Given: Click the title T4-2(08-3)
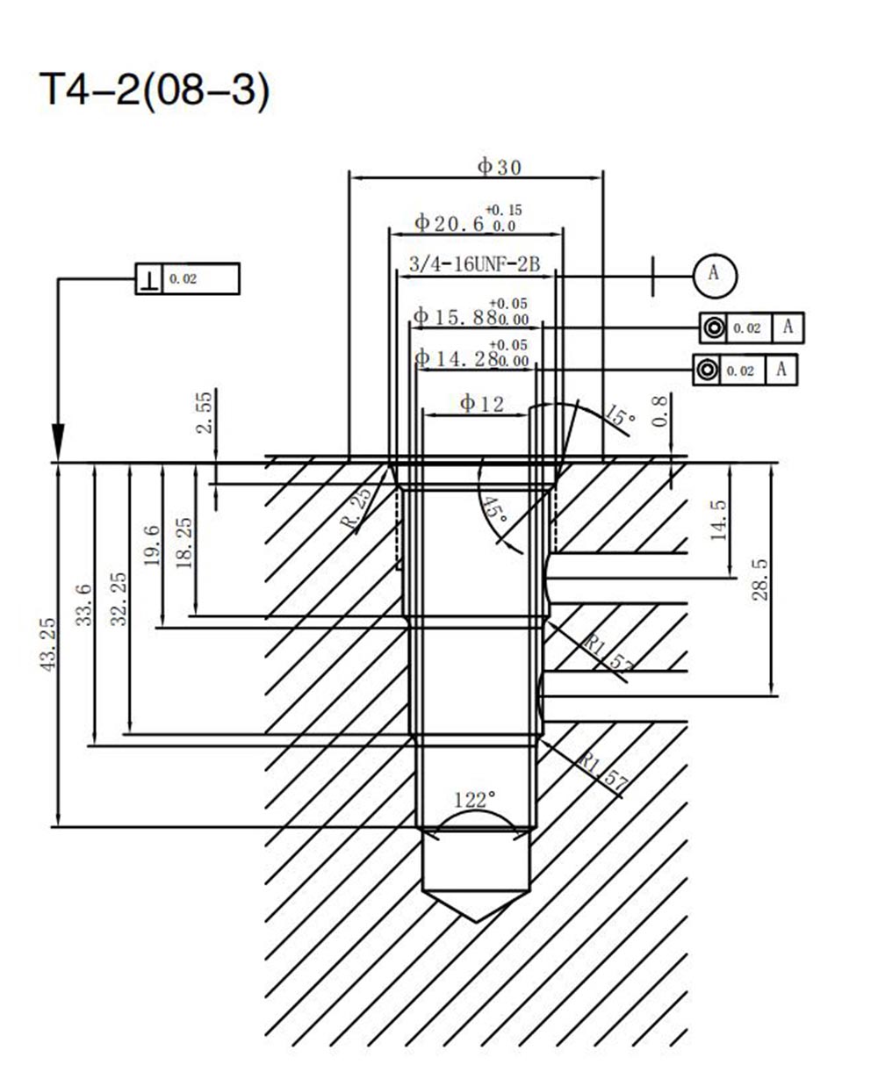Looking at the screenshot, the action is pos(154,90).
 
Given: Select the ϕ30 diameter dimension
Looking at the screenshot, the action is pos(500,167).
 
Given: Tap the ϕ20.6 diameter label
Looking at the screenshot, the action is pos(450,223).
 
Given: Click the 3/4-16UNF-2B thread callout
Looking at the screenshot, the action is pos(474,264).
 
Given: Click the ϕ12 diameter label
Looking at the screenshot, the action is pos(481,404).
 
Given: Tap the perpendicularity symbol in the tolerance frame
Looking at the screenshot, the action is pos(149,279).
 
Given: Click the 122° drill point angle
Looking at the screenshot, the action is pos(474,800).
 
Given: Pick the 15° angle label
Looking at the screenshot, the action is pos(620,414).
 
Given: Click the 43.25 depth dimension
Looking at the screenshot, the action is pos(47,644).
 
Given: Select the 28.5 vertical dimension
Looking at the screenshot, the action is pos(759,580).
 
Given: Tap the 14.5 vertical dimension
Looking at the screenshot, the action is pos(718,520).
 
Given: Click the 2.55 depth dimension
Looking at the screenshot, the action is pos(204,413).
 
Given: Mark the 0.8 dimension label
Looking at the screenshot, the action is pos(659,412).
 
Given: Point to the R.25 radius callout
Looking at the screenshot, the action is pos(359,507).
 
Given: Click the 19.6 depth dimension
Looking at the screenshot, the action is pos(152,545).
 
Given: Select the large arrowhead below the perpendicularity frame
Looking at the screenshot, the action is pos(59,442).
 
